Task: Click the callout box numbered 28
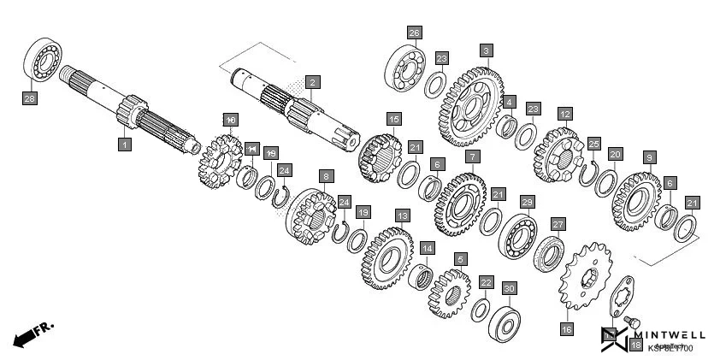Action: pos(30,98)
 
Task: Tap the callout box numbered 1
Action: pos(125,145)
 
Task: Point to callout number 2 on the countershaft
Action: pos(313,83)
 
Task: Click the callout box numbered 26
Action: pos(414,33)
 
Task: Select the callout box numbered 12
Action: pos(564,113)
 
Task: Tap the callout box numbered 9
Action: pos(650,157)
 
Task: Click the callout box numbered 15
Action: pos(393,119)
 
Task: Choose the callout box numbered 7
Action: pos(471,156)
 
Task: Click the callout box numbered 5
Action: pos(460,258)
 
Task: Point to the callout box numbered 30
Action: pos(509,289)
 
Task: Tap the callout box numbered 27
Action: pos(558,224)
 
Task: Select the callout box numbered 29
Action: pos(528,202)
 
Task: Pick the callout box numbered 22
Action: pos(485,282)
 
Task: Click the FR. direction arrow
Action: pos(33,333)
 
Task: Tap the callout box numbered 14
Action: pos(426,248)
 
